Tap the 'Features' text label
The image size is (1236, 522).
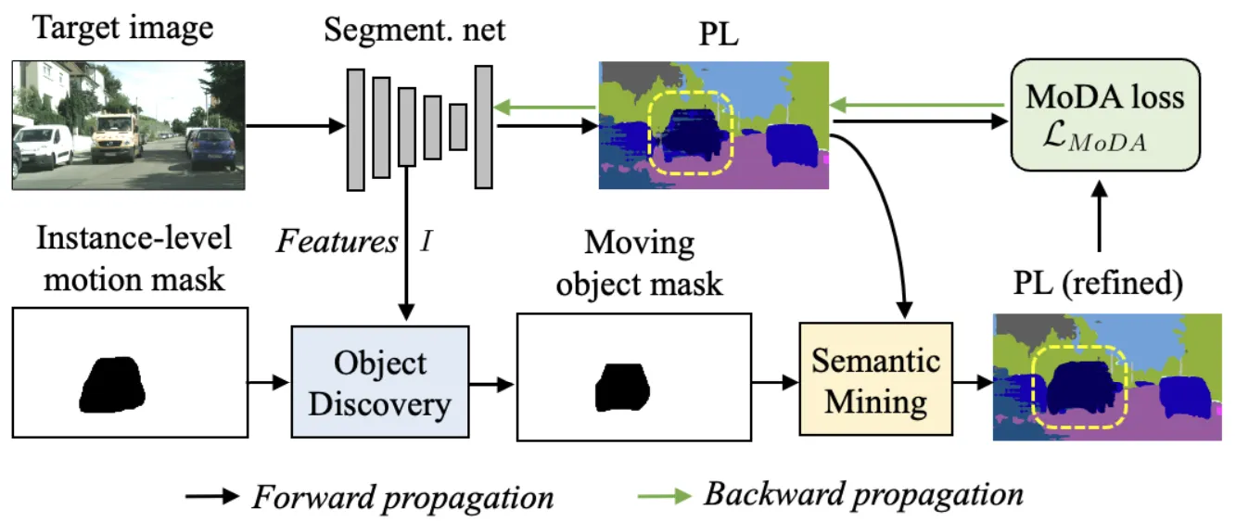337,242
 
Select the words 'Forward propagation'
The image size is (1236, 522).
402,498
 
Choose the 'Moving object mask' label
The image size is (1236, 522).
639,262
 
